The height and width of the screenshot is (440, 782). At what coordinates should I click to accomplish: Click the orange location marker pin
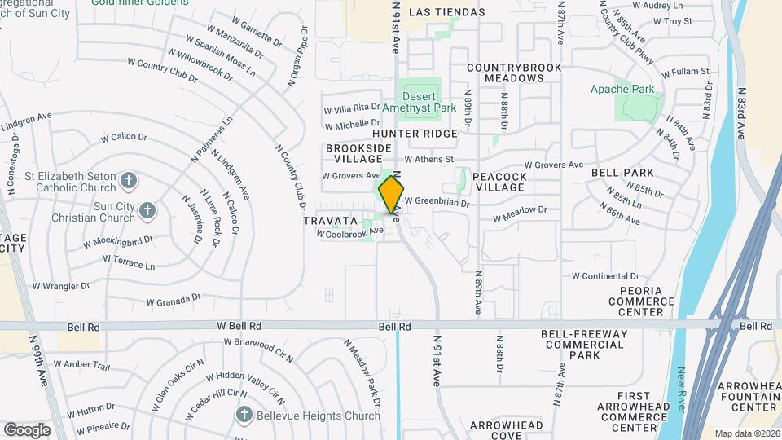click(x=392, y=193)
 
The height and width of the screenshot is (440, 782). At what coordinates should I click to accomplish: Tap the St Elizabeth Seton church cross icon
click(x=128, y=178)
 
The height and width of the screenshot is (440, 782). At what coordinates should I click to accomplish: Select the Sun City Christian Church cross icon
click(x=147, y=210)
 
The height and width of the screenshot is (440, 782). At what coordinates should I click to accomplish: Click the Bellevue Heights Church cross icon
click(x=243, y=415)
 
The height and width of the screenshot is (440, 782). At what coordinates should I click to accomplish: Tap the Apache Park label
click(x=634, y=88)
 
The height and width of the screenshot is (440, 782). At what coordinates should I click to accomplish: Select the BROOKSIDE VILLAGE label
click(x=358, y=154)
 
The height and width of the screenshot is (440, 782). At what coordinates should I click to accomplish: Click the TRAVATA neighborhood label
click(x=332, y=221)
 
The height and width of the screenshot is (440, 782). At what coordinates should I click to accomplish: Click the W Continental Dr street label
click(x=611, y=276)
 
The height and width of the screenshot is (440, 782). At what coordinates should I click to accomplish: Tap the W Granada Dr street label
click(x=173, y=301)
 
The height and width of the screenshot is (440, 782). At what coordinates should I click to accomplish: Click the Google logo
click(x=27, y=429)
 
